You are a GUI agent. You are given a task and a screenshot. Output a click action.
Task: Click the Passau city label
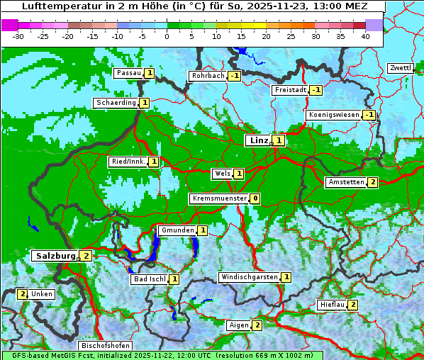tap(129, 73)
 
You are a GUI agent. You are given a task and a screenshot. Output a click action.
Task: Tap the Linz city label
tap(258, 140)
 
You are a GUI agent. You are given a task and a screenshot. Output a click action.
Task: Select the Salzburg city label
tap(54, 255)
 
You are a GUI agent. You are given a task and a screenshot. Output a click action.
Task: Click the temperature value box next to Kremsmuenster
tap(255, 198)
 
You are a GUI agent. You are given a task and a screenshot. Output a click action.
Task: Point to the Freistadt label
tap(290, 90)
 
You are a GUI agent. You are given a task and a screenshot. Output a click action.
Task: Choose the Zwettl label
tap(400, 68)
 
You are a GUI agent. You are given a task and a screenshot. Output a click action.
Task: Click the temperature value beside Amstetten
tap(373, 182)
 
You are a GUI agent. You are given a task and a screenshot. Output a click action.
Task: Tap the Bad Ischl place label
tap(150, 279)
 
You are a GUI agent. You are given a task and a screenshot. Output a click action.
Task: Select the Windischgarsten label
tap(248, 277)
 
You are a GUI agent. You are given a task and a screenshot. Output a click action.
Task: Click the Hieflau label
tap(333, 305)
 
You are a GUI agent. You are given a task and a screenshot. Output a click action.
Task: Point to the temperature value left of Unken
tap(23, 294)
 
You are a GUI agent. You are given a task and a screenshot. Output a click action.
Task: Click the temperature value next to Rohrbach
tap(234, 76)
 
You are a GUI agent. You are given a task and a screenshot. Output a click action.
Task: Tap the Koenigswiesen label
tap(333, 115)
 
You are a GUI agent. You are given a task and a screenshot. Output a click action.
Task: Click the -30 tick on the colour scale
tap(18, 35)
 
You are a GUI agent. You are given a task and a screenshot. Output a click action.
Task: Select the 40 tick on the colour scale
tap(365, 35)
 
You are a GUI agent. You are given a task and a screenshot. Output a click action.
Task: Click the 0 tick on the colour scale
tap(167, 35)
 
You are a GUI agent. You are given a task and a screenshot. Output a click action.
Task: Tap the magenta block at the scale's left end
tap(9, 25)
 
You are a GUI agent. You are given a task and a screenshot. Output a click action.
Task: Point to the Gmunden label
tap(177, 230)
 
